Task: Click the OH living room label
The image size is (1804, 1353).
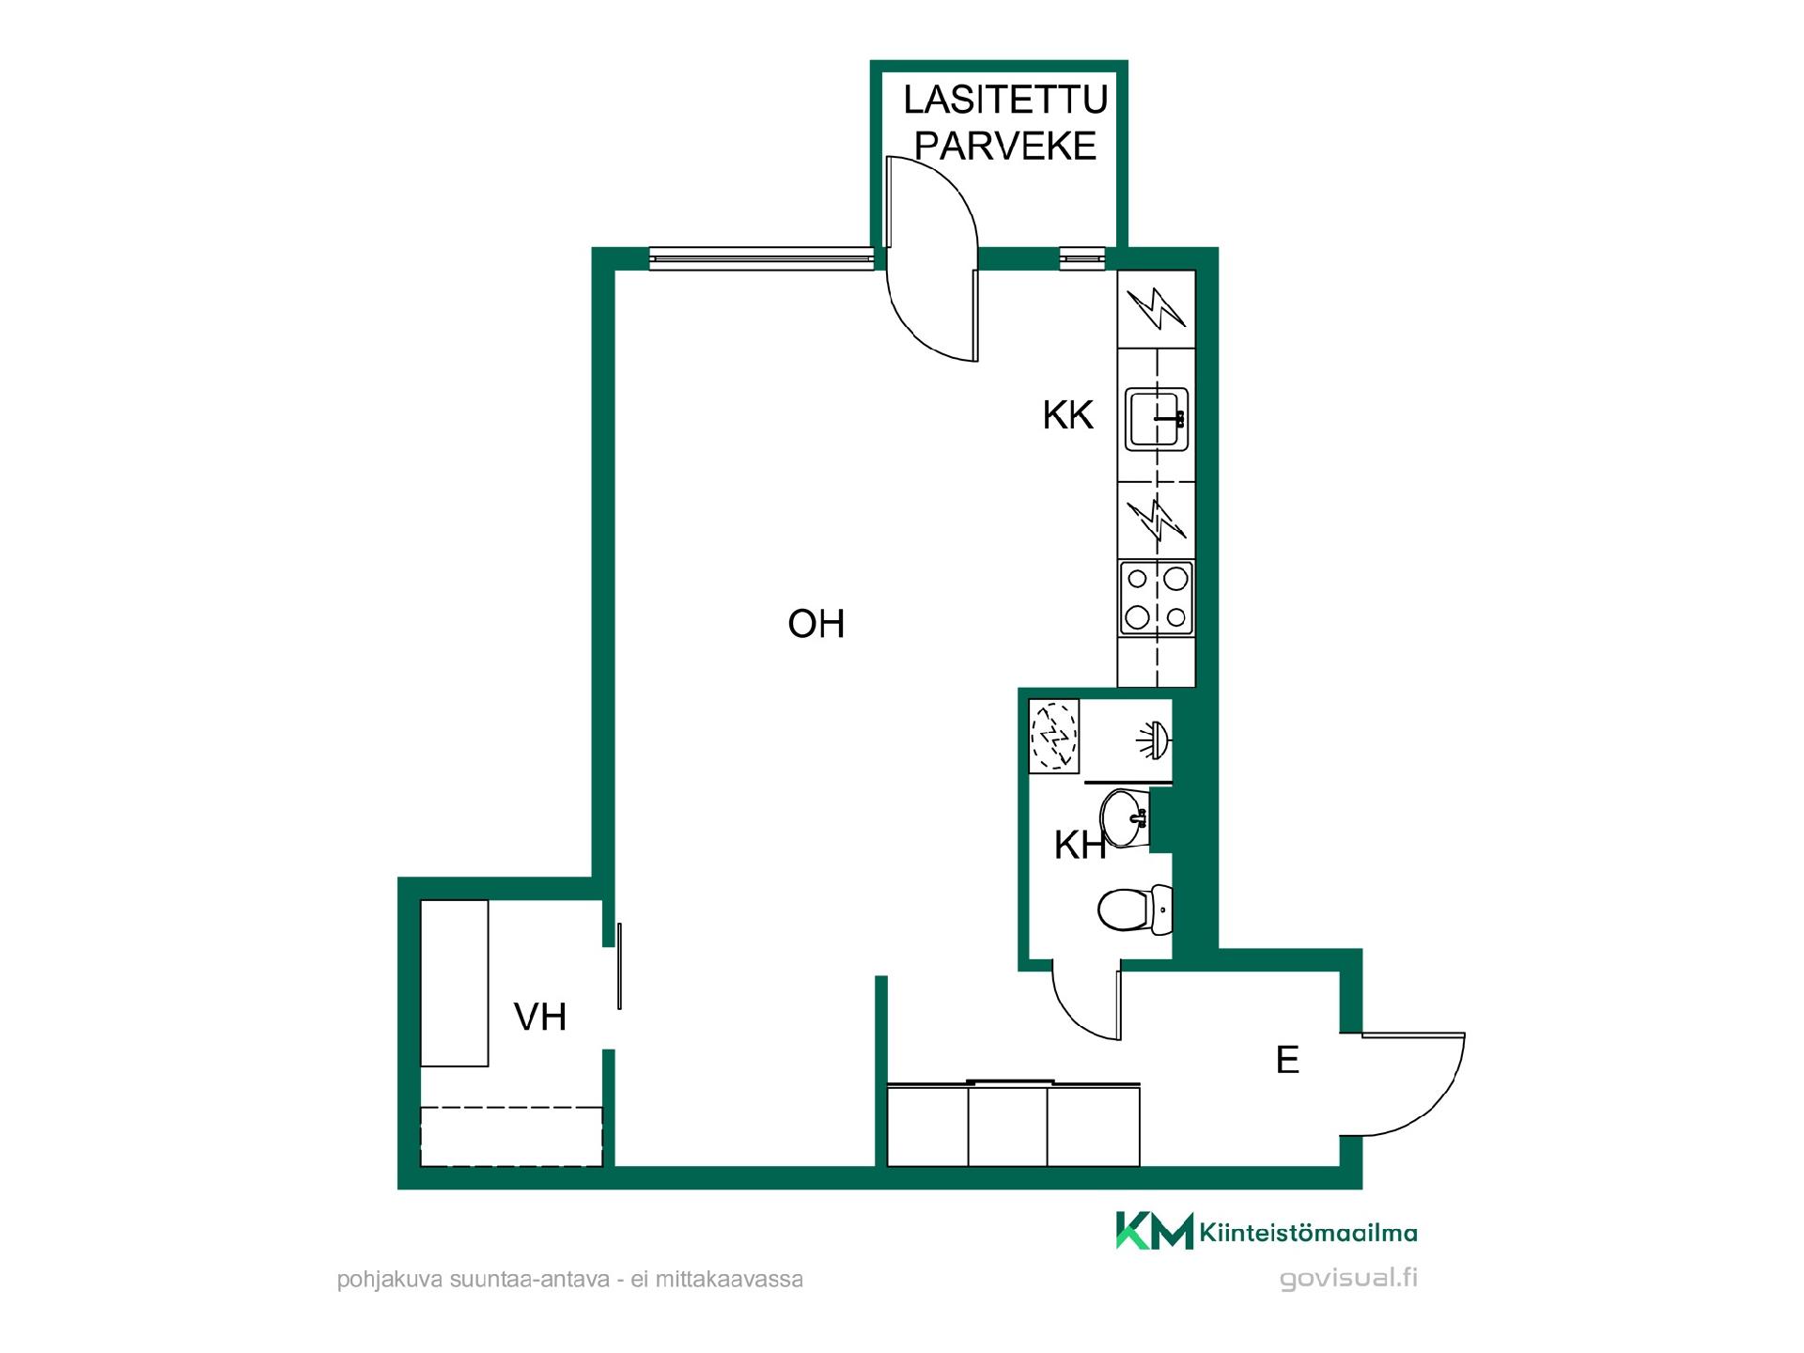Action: click(x=816, y=624)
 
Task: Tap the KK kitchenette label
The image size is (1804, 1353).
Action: click(x=1068, y=414)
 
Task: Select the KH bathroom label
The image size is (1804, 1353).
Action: click(x=1080, y=846)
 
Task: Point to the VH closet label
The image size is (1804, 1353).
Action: click(x=540, y=1017)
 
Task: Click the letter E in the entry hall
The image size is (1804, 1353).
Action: click(x=1287, y=1060)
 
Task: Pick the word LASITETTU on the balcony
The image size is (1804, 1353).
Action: click(x=1005, y=99)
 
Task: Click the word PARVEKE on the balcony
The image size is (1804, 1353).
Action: click(x=1005, y=146)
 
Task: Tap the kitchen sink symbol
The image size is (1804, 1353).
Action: click(x=1158, y=418)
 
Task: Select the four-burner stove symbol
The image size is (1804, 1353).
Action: click(x=1157, y=597)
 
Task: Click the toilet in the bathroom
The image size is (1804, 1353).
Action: click(x=1135, y=910)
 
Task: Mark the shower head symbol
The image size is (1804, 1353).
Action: click(x=1153, y=738)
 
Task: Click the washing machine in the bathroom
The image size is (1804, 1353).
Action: click(x=1054, y=737)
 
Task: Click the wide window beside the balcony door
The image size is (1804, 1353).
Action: click(x=761, y=258)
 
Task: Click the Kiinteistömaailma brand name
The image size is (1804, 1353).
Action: click(x=1309, y=1233)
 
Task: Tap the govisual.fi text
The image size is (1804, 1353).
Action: click(x=1348, y=1279)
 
